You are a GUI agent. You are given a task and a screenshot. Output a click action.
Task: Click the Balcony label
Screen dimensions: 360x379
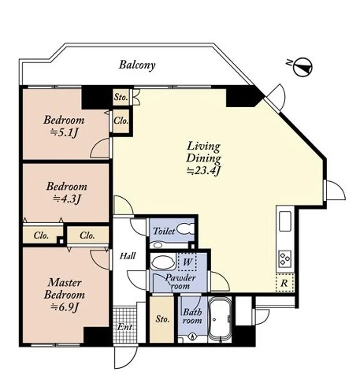[x=137, y=65]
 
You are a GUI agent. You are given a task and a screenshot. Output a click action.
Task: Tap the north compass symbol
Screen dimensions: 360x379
[x=302, y=66]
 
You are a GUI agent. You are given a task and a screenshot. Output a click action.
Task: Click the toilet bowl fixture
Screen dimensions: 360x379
[x=186, y=229]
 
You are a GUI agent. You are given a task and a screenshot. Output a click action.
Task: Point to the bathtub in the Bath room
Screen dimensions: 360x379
[x=220, y=320]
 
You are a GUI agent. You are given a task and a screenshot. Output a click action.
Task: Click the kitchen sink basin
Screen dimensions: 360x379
[x=285, y=221]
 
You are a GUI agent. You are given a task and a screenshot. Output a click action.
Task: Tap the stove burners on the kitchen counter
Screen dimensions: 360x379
[x=285, y=258]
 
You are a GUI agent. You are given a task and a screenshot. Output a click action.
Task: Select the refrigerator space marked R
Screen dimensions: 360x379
[x=285, y=283]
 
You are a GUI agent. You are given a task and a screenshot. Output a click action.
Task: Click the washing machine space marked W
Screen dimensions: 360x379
[x=187, y=262]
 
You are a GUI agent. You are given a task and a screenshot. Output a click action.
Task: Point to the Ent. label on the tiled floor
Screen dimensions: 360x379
[x=125, y=327]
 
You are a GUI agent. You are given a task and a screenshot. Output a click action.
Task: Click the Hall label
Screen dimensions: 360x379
[x=128, y=256]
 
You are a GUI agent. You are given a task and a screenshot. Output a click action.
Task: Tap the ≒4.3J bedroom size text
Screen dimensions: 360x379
[x=66, y=199]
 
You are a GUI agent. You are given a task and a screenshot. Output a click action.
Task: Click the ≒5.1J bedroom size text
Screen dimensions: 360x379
[x=64, y=133]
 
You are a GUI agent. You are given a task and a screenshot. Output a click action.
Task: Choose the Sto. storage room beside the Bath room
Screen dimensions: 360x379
[x=162, y=319]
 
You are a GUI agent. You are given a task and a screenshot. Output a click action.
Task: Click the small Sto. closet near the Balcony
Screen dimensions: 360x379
[x=121, y=97]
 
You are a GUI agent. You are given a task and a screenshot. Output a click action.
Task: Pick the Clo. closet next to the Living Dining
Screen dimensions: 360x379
[x=121, y=121]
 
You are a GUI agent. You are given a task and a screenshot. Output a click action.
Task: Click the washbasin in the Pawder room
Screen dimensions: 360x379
[x=164, y=262]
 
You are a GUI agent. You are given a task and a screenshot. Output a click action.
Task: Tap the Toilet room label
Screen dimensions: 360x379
[x=164, y=231]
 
